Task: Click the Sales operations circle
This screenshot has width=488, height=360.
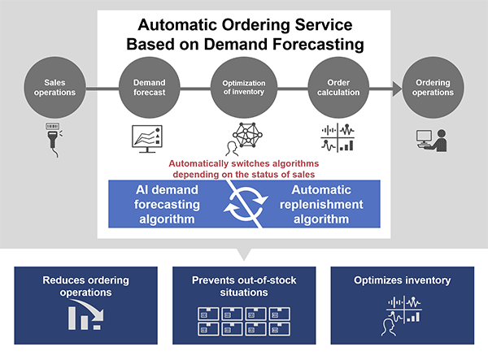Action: coord(54,87)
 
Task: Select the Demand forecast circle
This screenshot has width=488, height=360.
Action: coord(150,87)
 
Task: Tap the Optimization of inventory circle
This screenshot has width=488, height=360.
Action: coord(244,87)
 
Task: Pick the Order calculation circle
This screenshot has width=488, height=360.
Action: coord(338,87)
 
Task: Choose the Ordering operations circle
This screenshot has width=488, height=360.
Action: coord(433,87)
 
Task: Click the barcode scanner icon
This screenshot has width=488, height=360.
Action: coord(54,140)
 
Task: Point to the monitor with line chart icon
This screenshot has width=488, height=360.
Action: coord(147,139)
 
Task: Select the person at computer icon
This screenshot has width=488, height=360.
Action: coord(432,141)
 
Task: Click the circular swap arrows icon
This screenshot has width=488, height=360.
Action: coord(246,204)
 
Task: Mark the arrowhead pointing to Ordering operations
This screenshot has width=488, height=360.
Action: coord(397,89)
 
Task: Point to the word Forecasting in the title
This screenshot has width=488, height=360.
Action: coord(318,45)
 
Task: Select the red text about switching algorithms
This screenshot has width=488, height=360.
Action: coord(244,169)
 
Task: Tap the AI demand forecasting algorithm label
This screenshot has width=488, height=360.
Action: coord(167,204)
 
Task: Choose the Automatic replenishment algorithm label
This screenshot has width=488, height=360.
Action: coord(321,204)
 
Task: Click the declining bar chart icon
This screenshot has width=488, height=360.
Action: coord(85,314)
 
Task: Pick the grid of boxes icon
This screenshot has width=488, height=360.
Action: coord(244,322)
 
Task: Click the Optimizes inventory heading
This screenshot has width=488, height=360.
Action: coord(402,280)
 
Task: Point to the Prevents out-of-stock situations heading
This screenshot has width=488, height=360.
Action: coord(244,286)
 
